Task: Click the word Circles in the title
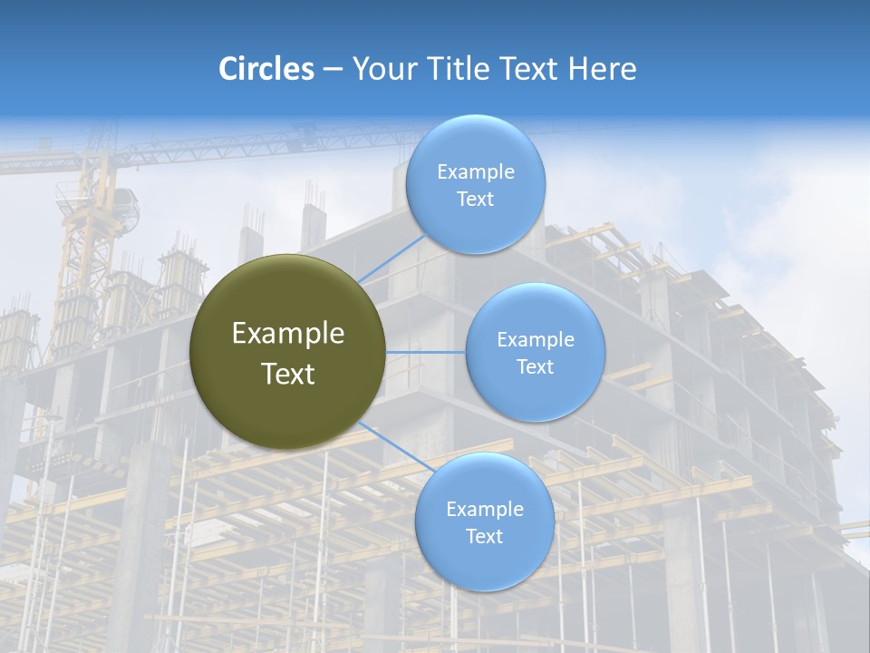coord(266,69)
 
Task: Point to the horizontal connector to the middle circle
coord(425,352)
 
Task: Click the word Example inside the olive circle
coord(287,334)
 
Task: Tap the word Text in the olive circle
coord(287,374)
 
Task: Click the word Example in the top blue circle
coord(476,172)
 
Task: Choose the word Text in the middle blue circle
coord(535,366)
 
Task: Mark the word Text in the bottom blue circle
coord(484,536)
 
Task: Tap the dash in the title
coord(333,69)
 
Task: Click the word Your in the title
coord(382,69)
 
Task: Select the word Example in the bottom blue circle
coord(484,509)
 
